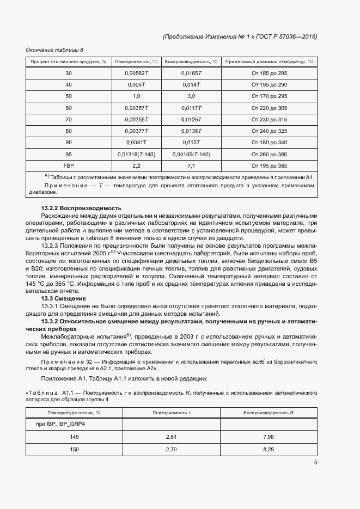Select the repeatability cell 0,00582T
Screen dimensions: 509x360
[x=136, y=73]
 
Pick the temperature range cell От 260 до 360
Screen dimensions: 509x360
[x=269, y=154]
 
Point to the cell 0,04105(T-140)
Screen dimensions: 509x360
[x=191, y=154]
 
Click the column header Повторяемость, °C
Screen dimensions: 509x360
[x=136, y=62]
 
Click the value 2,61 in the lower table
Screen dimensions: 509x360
[x=171, y=437]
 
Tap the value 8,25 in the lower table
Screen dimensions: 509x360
[x=268, y=449]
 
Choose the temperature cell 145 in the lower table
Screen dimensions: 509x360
[x=74, y=437]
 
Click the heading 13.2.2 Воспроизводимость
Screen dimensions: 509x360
[x=82, y=208]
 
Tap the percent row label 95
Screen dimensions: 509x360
[x=68, y=154]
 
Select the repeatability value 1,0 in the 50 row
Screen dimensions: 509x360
[x=136, y=96]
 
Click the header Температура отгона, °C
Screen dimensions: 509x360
[x=74, y=413]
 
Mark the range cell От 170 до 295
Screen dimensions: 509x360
[x=269, y=96]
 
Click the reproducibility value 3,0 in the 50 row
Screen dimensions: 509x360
[x=191, y=96]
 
